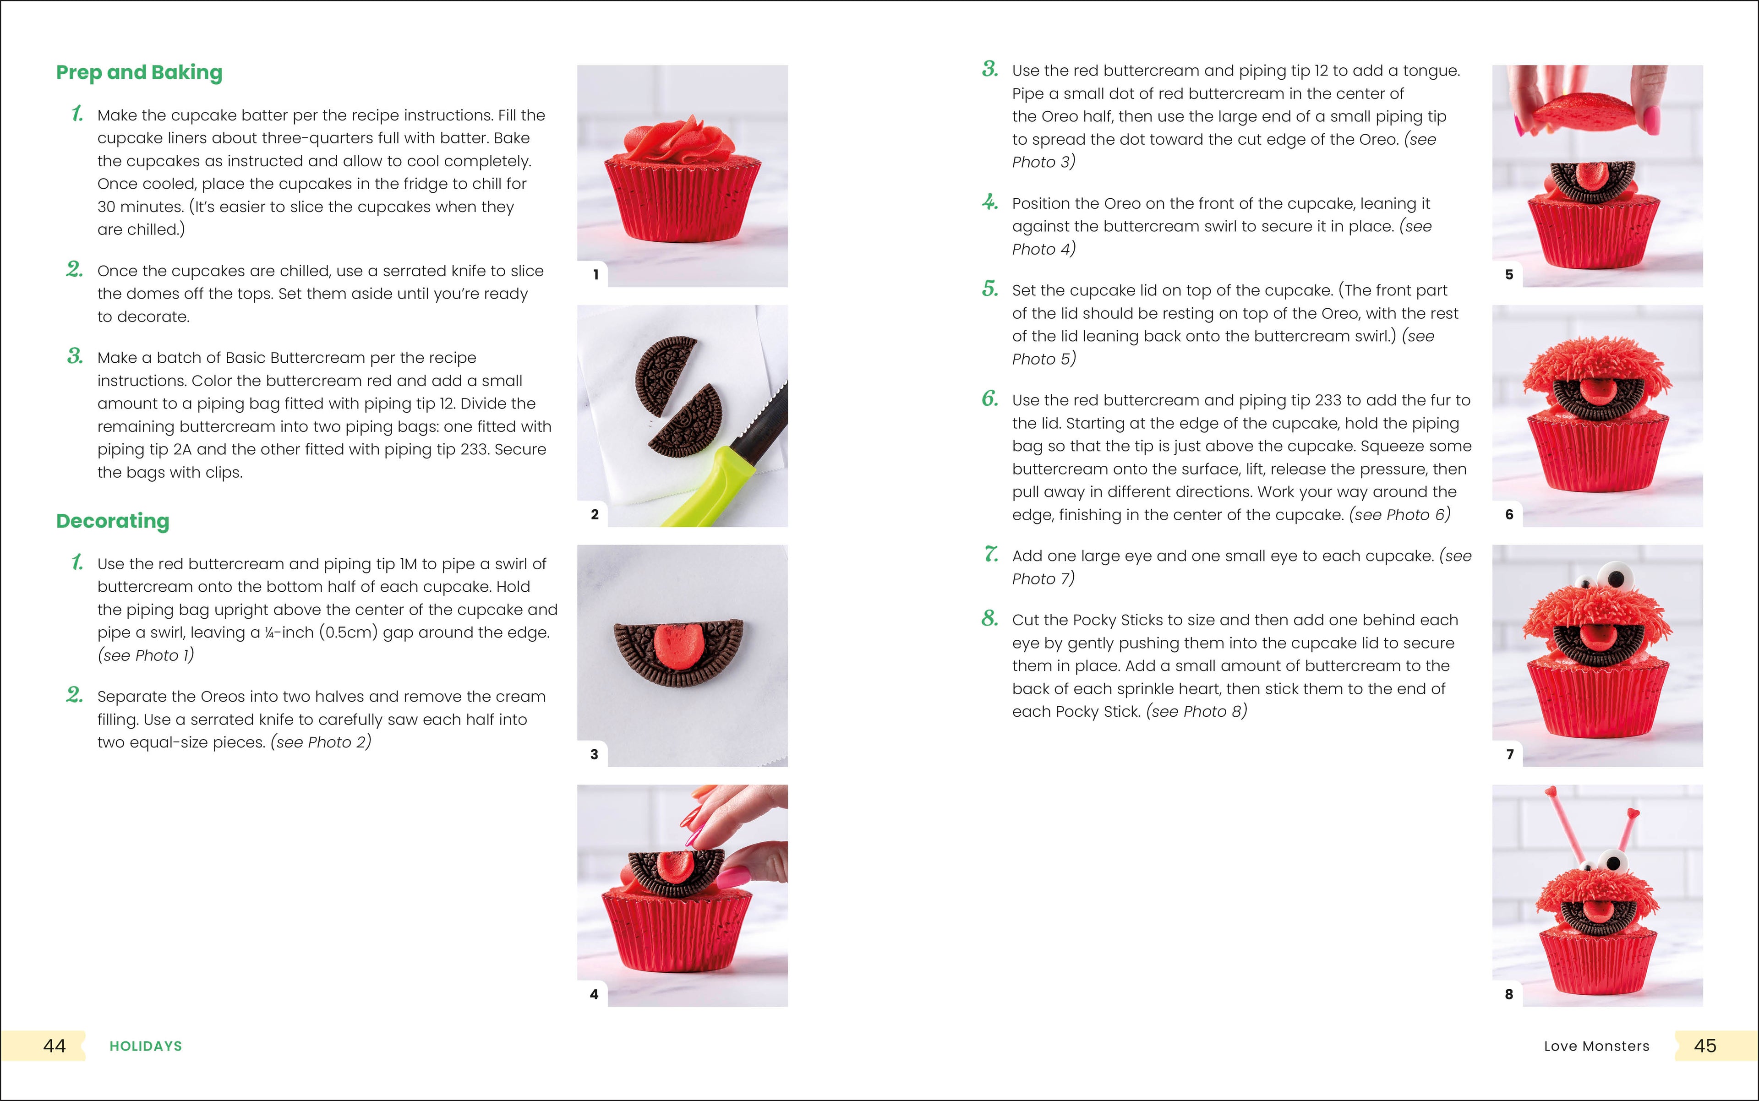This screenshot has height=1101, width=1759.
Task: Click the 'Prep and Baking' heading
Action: [x=139, y=73]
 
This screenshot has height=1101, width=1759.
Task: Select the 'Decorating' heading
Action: [x=113, y=521]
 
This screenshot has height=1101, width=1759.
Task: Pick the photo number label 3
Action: [x=594, y=754]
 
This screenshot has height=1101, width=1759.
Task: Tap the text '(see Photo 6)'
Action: [x=1399, y=515]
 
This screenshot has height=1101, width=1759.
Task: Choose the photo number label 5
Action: [x=1509, y=274]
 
